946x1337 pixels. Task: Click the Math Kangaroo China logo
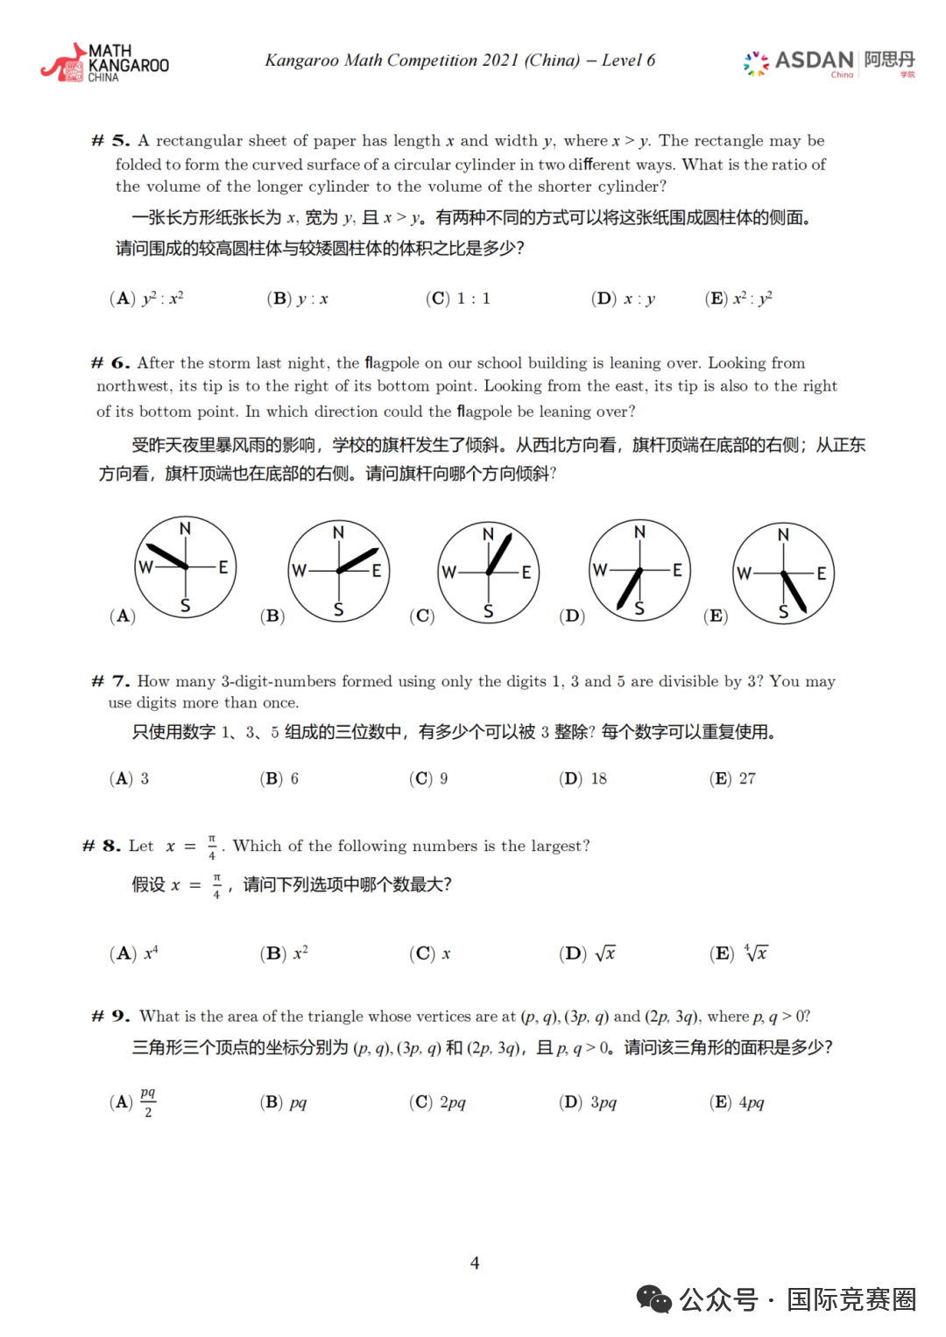104,63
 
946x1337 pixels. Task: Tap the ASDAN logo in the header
829,62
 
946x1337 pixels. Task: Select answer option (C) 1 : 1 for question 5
458,299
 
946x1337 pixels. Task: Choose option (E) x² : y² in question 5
738,299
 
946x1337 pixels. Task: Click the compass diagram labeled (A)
185,567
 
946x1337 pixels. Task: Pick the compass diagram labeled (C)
488,573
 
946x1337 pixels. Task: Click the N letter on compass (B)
338,532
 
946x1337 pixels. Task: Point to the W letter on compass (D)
600,570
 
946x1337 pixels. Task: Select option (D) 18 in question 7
583,778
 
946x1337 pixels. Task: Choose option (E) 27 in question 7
733,778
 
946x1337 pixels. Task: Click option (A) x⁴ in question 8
134,953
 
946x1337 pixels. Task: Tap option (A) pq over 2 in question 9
133,1102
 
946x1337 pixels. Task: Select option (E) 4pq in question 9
737,1102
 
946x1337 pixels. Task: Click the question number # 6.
111,363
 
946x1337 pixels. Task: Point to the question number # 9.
111,1017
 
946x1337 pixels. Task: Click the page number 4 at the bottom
475,1263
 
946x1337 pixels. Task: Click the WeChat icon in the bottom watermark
653,1299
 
